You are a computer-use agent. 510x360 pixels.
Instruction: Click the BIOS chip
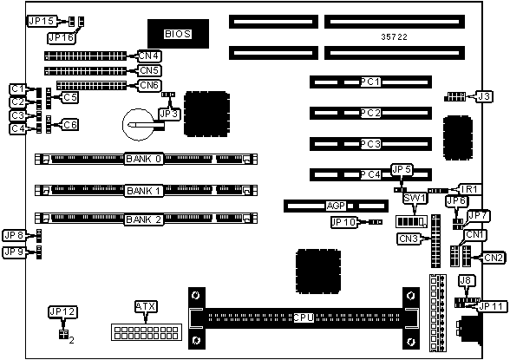coord(178,34)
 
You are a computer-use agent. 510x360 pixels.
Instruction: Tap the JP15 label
coord(42,22)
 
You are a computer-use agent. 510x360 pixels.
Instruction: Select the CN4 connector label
coord(148,56)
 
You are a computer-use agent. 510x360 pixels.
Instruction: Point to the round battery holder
coord(139,125)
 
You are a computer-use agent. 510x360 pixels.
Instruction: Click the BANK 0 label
coord(143,159)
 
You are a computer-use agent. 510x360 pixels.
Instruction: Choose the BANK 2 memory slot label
coord(143,219)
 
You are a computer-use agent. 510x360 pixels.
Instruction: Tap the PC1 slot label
coord(370,82)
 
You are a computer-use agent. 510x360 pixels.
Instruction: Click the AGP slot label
coord(336,206)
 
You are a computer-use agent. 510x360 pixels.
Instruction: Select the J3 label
coord(484,96)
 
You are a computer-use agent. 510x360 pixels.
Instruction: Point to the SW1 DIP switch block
coord(411,221)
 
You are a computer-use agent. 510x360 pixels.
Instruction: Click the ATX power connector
coord(147,332)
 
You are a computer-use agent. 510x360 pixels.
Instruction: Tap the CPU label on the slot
coord(304,317)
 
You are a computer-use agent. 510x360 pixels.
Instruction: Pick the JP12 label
coord(62,312)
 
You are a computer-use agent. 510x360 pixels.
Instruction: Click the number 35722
coord(394,37)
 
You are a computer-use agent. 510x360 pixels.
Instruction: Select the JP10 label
coord(344,222)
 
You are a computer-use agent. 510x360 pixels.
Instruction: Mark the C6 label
coord(70,125)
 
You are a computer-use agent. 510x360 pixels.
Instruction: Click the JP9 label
coord(15,252)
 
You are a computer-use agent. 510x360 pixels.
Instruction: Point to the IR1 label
coord(469,189)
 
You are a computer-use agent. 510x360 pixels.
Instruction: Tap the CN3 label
coord(409,239)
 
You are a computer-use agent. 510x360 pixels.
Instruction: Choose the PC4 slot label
coord(370,174)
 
